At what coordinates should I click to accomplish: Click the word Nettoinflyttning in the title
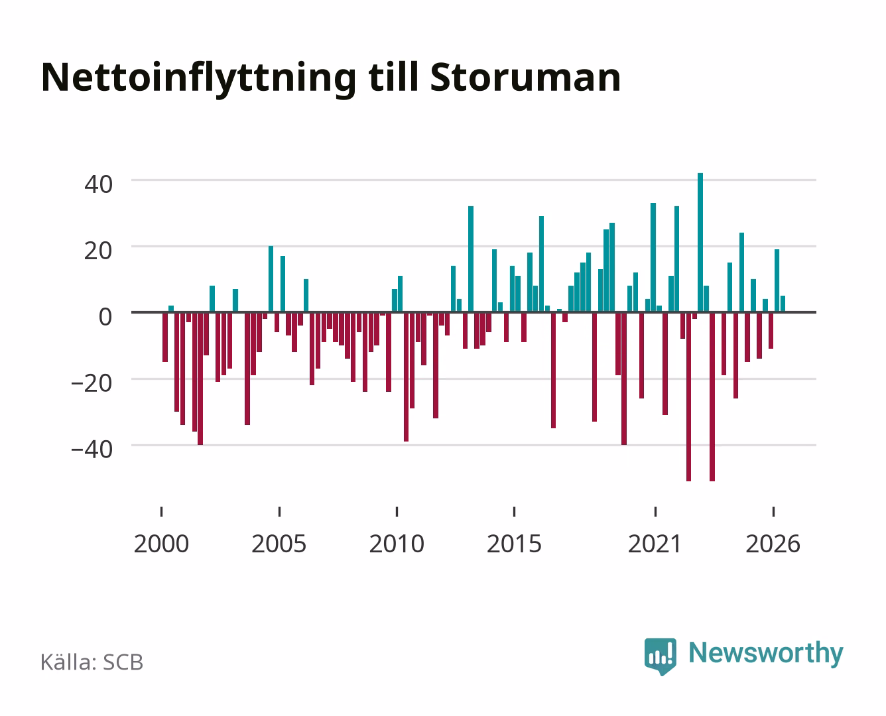199,79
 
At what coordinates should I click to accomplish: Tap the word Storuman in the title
525,78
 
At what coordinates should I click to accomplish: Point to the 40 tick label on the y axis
98,184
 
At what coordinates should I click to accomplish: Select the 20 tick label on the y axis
98,251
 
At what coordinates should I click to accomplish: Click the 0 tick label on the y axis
105,317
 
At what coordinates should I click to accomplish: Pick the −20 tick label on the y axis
92,383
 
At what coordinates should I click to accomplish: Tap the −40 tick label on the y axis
92,449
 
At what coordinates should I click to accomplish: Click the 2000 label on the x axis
161,544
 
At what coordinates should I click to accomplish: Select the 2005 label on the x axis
279,544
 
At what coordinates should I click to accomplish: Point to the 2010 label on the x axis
397,544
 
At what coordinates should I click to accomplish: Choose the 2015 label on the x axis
515,544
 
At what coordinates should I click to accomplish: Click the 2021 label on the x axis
655,544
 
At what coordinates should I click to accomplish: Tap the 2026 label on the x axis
773,544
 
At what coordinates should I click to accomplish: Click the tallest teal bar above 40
700,243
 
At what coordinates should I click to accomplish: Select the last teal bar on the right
783,304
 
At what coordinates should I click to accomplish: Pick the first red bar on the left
165,337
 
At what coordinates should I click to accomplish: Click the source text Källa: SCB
92,662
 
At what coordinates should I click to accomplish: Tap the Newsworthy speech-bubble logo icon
661,656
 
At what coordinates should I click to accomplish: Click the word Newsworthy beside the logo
766,654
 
